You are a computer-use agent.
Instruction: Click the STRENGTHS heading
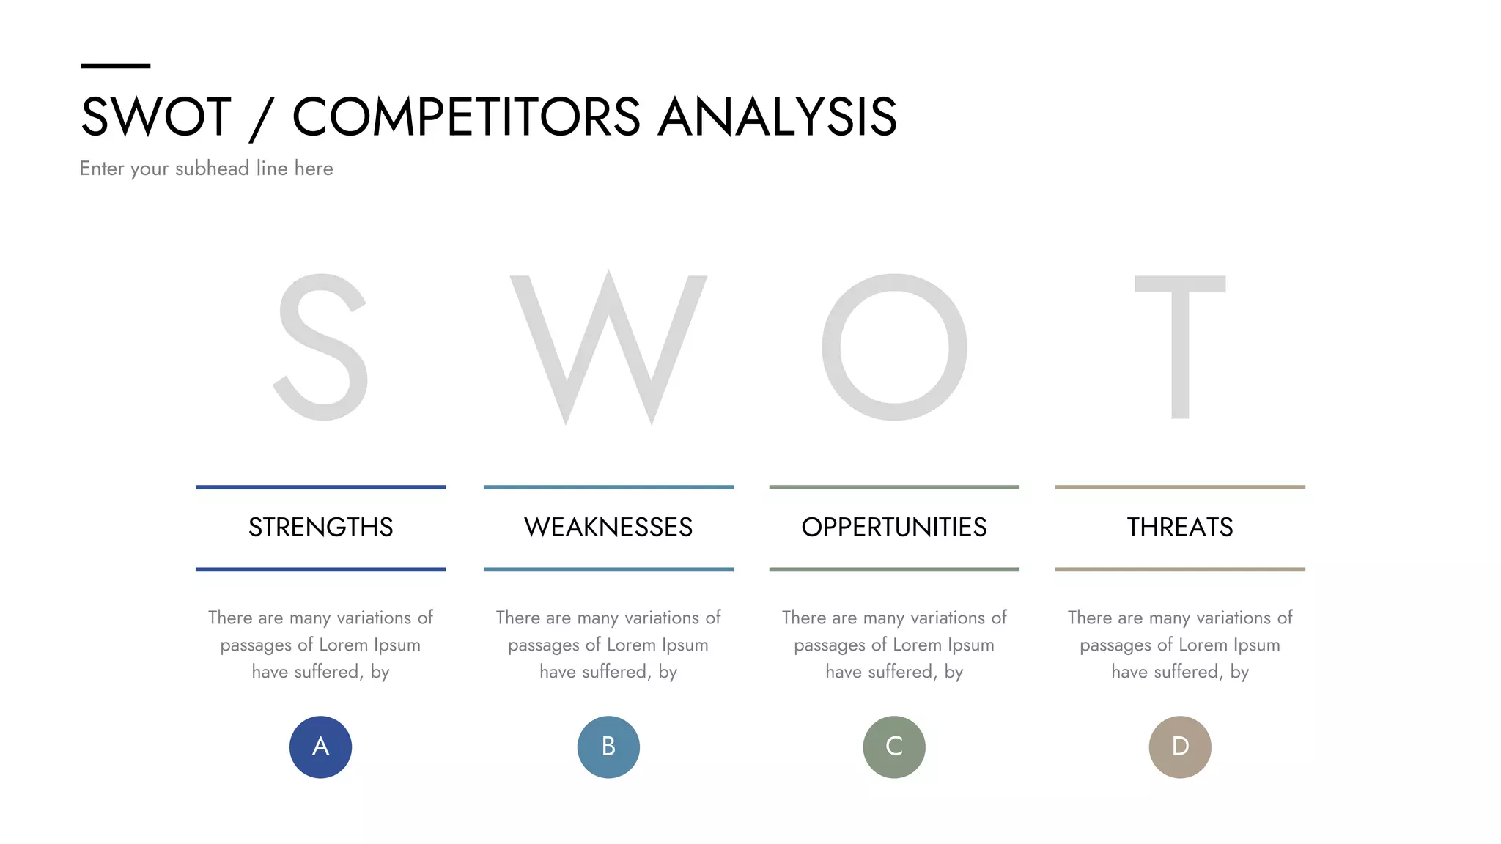point(320,527)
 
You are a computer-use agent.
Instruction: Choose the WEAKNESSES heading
point(608,527)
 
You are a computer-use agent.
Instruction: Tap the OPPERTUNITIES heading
point(894,527)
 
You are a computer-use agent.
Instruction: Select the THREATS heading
point(1180,527)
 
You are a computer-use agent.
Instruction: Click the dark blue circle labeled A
point(320,747)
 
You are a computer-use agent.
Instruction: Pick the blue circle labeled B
point(608,747)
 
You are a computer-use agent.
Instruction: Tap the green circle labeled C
point(894,747)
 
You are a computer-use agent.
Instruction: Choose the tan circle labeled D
point(1180,747)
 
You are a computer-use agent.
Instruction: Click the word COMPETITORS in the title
point(466,117)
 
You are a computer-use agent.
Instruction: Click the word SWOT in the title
point(156,117)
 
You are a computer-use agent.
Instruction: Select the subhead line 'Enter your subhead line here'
point(206,169)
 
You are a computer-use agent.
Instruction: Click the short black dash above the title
point(115,66)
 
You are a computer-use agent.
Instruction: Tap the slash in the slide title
point(261,119)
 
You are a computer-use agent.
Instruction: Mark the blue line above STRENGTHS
point(320,487)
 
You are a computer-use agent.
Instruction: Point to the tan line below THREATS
point(1180,569)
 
